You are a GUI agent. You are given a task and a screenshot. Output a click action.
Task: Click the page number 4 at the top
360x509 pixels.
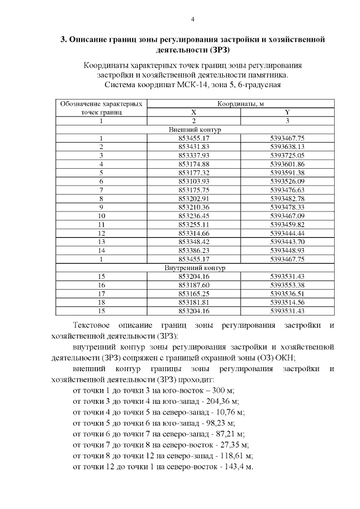click(x=192, y=20)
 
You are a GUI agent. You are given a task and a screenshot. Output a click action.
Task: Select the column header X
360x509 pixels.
click(x=193, y=112)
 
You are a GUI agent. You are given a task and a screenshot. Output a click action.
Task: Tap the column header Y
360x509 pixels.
click(x=287, y=112)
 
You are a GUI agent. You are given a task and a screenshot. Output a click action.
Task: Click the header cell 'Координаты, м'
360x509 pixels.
click(x=241, y=104)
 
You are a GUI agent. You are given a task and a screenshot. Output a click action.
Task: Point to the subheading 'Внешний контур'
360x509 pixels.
click(x=195, y=129)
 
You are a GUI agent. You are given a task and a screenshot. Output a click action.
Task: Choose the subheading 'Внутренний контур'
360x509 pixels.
click(x=193, y=268)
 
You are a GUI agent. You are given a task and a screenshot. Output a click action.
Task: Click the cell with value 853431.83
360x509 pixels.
click(x=193, y=146)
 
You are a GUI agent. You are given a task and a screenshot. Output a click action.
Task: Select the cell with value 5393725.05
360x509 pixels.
click(x=287, y=155)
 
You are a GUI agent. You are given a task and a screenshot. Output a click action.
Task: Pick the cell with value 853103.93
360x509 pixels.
click(x=193, y=181)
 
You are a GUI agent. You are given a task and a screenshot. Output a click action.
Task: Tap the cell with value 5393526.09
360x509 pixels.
click(x=287, y=181)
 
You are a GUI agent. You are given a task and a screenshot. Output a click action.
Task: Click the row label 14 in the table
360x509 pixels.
click(x=101, y=250)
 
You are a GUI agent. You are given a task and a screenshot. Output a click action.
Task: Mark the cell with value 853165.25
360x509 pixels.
click(x=193, y=294)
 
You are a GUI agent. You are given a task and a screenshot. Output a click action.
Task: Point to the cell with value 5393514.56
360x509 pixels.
click(x=287, y=302)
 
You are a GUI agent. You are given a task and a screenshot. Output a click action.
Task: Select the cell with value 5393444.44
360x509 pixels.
click(x=287, y=233)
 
